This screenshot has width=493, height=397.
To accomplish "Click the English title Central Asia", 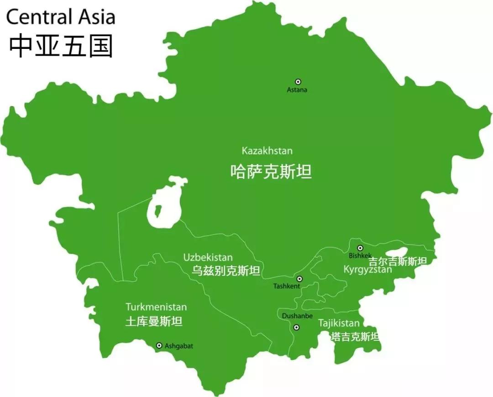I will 60,17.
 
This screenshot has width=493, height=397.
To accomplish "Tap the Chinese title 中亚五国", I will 61,46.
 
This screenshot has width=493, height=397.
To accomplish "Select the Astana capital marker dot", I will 298,81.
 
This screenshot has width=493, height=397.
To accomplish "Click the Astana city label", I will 297,90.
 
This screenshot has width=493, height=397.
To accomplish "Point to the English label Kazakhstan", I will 267,151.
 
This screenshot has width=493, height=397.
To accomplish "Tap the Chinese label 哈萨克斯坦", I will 271,172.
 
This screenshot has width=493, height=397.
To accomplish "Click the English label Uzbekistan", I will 208,258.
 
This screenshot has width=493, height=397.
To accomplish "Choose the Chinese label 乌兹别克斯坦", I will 226,271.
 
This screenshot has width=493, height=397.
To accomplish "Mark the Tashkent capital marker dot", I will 299,279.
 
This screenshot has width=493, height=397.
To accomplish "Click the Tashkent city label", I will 287,286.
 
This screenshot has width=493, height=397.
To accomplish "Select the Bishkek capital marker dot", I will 360,248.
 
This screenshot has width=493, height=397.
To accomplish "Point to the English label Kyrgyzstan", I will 367,270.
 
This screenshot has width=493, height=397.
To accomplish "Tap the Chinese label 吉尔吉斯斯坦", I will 398,261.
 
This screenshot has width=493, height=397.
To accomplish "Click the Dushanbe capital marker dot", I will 296,327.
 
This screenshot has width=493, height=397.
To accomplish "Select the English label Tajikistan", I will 339,323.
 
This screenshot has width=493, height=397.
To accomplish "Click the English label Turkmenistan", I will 156,307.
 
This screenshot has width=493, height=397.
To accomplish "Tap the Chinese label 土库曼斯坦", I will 154,322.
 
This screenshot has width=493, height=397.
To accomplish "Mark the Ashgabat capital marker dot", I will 159,346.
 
